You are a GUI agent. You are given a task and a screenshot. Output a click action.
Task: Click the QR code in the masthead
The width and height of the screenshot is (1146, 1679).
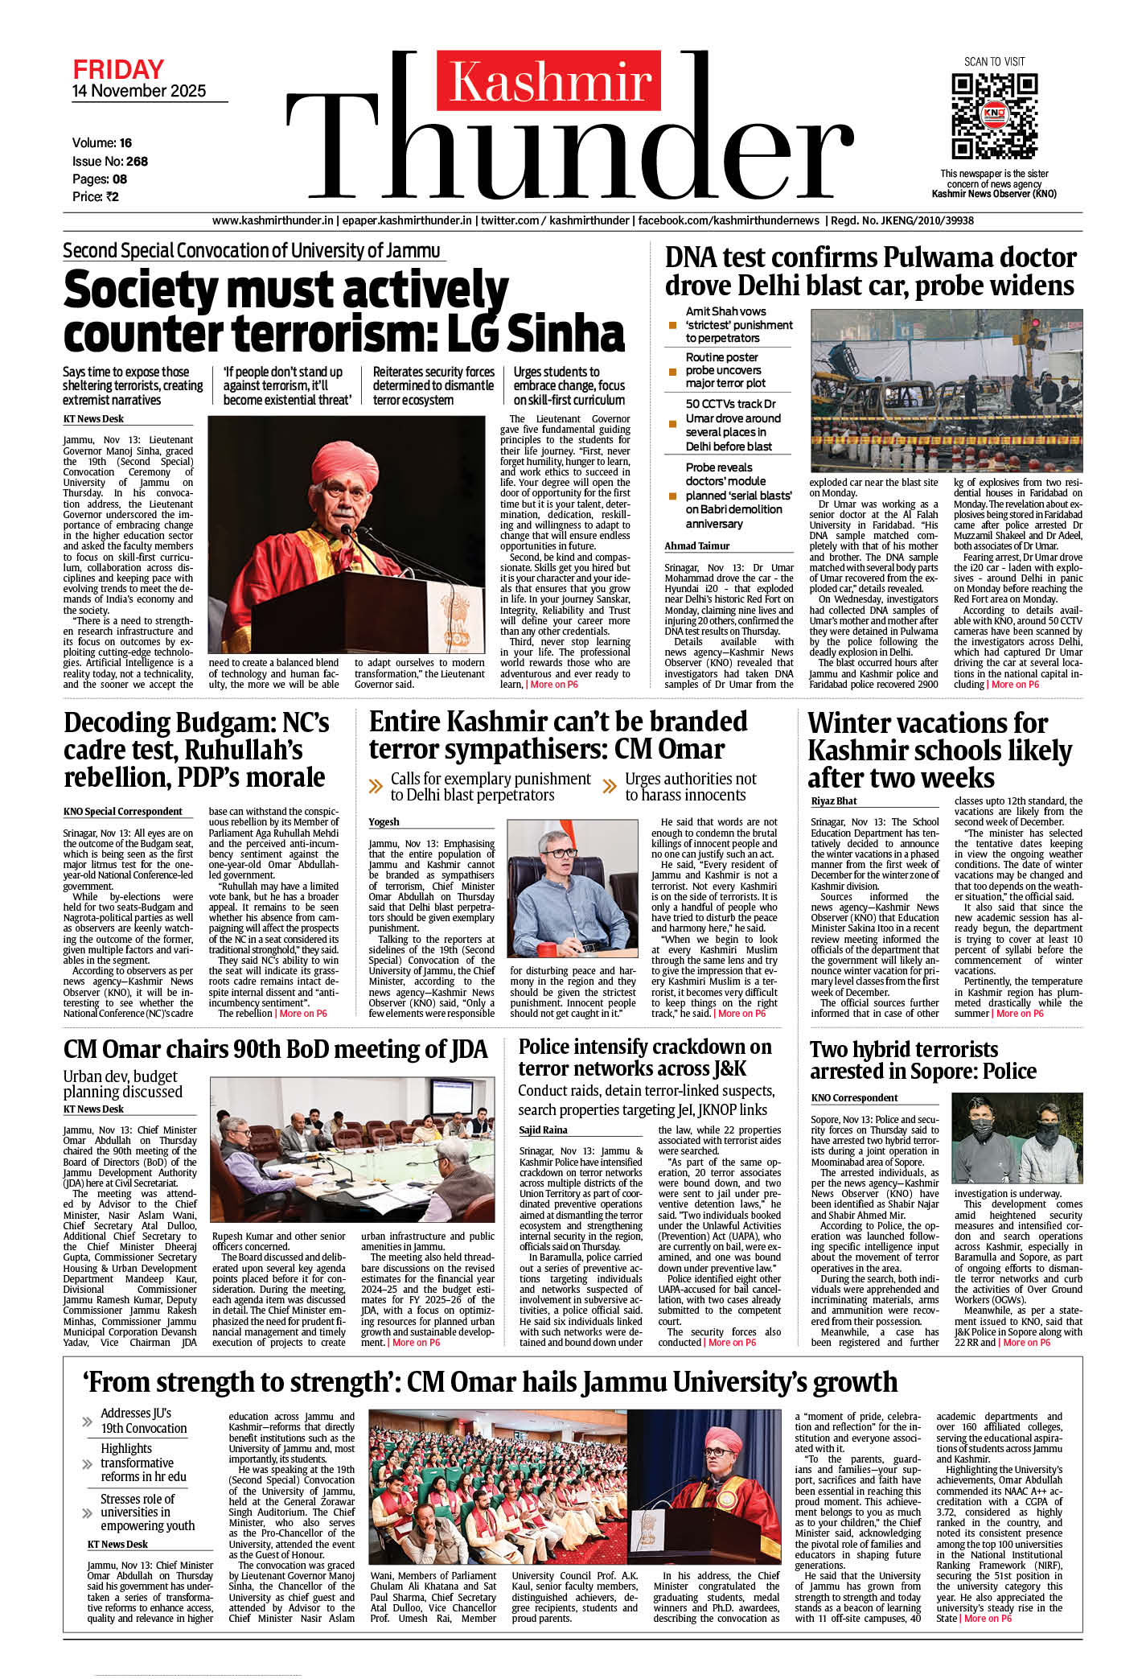994,116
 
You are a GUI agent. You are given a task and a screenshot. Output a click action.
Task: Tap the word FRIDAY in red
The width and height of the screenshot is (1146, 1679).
118,69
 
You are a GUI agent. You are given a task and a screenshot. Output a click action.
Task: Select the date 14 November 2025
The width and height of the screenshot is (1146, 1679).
139,91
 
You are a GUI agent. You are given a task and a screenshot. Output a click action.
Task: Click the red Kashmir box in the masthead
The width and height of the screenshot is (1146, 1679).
550,81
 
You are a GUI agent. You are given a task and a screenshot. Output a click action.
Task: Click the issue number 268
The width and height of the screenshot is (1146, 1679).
137,161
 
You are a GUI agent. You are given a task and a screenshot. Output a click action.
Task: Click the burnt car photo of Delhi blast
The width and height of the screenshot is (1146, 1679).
946,390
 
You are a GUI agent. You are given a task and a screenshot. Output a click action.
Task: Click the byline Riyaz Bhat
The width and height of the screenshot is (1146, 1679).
833,800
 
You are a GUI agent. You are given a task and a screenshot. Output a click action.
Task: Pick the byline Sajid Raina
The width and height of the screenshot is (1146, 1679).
543,1130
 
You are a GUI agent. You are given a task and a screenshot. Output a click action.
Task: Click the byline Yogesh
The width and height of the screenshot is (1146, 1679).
384,821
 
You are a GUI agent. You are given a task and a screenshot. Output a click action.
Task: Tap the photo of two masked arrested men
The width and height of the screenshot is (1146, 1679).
1017,1138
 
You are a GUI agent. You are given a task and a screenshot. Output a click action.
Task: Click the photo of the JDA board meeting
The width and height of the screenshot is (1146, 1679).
352,1150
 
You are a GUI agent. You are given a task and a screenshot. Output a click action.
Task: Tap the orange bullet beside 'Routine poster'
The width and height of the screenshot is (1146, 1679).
673,372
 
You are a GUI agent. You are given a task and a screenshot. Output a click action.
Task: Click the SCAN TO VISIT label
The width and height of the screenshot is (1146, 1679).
994,62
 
